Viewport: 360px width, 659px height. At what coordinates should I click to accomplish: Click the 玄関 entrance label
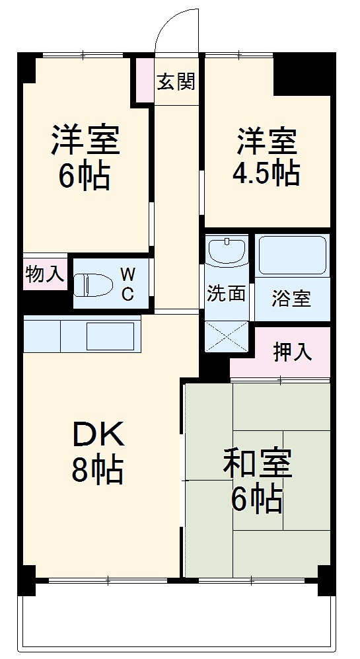[x=176, y=82]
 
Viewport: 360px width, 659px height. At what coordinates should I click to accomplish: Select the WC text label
[x=127, y=284]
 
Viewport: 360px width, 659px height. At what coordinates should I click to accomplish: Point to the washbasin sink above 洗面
[x=226, y=252]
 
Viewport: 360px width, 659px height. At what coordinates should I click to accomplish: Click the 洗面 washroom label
[x=226, y=294]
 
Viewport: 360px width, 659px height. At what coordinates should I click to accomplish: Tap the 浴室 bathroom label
[x=291, y=298]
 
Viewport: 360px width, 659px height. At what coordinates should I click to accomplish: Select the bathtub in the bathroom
[x=291, y=255]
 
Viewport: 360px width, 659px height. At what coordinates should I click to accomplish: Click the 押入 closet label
[x=293, y=352]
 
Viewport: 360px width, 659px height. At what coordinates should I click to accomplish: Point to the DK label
[x=98, y=435]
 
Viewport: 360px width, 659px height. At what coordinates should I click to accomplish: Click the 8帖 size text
[x=98, y=471]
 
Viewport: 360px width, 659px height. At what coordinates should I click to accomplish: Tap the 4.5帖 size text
[x=266, y=174]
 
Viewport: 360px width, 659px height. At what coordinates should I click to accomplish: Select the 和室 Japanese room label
[x=257, y=464]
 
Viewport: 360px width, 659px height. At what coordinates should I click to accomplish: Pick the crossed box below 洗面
[x=226, y=336]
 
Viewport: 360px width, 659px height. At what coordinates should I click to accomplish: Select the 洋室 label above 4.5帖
[x=267, y=140]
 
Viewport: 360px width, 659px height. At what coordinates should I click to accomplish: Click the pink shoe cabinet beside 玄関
[x=143, y=80]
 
